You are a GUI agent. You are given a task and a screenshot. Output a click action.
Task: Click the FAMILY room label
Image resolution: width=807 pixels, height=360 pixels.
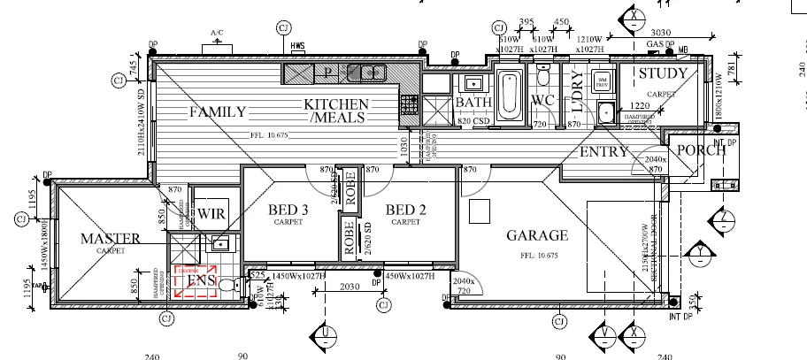[216, 112]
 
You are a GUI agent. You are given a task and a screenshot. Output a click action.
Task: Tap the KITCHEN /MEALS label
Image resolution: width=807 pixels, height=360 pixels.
[336, 111]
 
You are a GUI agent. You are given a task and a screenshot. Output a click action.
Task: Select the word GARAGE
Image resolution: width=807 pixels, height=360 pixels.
[536, 236]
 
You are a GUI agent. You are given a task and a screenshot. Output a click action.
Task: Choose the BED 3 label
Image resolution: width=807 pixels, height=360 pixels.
[288, 210]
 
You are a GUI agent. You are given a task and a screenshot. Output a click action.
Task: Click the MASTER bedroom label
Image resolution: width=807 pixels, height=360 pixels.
[111, 239]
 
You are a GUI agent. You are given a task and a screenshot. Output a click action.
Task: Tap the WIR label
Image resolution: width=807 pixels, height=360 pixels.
[211, 214]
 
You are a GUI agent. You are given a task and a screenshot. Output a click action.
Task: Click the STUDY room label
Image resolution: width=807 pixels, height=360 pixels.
[663, 74]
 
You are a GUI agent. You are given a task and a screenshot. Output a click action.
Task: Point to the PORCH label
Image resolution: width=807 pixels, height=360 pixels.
[701, 149]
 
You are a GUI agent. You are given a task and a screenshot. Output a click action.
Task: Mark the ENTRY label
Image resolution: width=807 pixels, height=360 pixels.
[603, 152]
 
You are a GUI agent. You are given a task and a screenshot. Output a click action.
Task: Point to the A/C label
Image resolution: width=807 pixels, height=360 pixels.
[216, 33]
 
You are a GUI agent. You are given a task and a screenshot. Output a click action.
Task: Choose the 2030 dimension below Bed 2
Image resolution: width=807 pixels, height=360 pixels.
[350, 286]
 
